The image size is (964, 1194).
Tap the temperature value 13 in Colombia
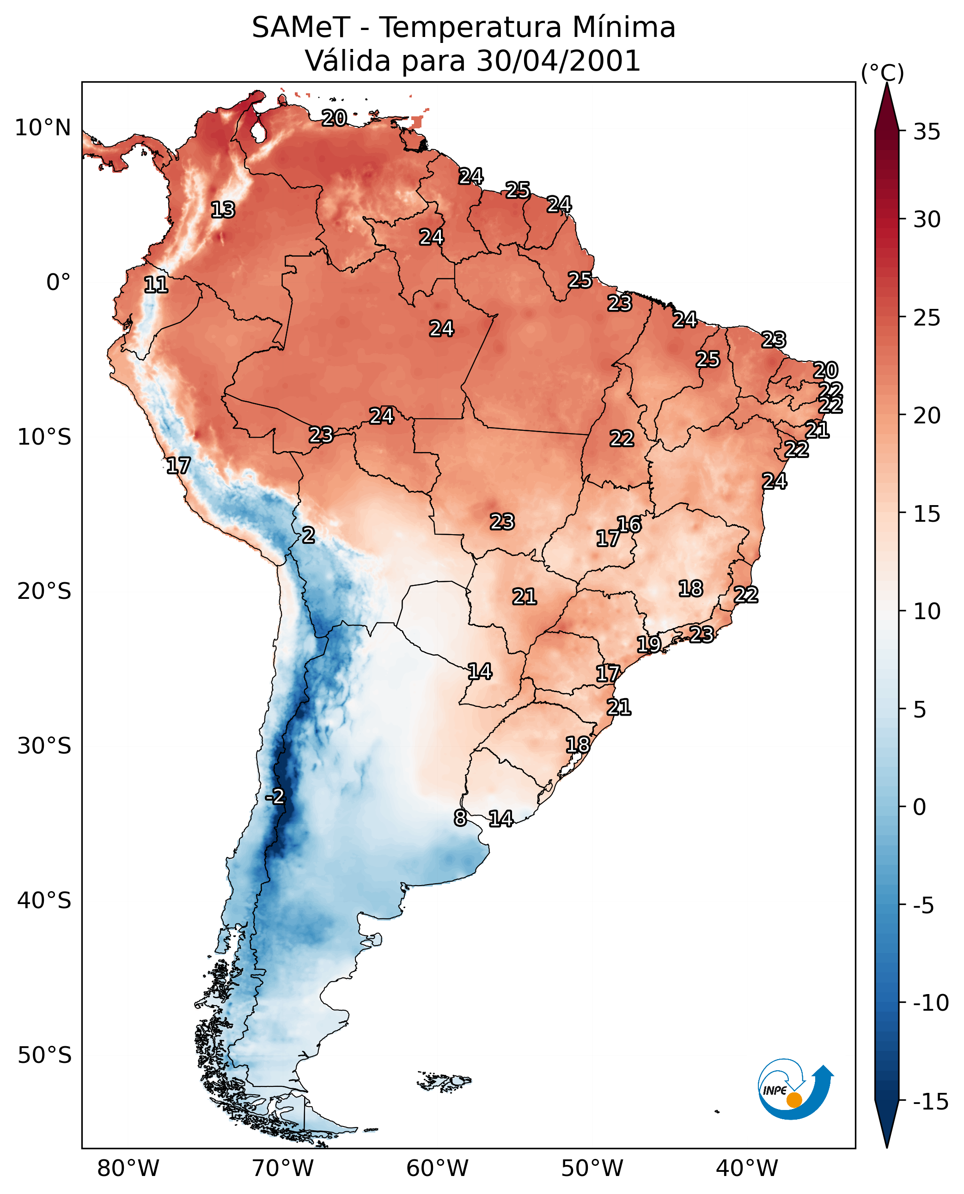click(x=223, y=210)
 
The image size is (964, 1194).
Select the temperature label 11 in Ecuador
click(x=156, y=284)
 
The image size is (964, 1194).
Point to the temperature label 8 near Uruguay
click(x=460, y=818)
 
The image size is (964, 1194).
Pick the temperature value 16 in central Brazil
click(x=629, y=525)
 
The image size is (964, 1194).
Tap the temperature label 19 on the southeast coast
click(x=648, y=644)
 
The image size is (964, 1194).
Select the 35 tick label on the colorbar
click(x=927, y=132)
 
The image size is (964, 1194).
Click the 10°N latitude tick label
click(x=43, y=128)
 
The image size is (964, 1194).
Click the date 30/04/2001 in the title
click(x=559, y=60)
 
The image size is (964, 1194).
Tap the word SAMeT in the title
click(x=301, y=27)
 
